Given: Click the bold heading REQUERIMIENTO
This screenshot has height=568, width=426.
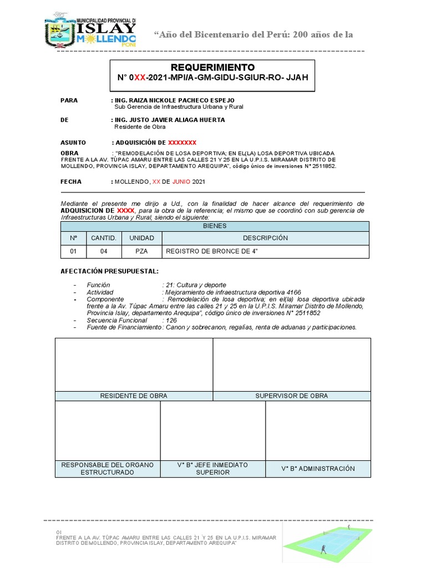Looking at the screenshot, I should (x=212, y=67).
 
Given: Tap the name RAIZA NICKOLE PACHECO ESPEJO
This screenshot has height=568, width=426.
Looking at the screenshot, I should (x=171, y=100).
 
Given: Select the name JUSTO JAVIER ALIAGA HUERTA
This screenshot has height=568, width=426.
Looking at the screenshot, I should (x=169, y=119).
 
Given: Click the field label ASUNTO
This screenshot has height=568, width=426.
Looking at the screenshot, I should (x=73, y=143).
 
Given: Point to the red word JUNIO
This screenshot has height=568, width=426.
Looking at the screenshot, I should (x=181, y=181).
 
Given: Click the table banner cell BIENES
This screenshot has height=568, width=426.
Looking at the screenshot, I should (x=214, y=226).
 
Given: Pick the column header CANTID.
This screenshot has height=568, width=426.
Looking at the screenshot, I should (x=104, y=238).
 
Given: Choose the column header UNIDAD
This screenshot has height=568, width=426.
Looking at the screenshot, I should (x=141, y=238).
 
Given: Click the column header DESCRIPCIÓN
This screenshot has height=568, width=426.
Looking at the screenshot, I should (x=265, y=238).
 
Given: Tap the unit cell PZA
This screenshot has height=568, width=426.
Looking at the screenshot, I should (x=141, y=252).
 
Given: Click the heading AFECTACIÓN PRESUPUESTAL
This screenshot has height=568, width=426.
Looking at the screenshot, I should (x=109, y=271).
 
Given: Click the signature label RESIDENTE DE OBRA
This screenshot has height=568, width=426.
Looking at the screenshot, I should (x=134, y=395).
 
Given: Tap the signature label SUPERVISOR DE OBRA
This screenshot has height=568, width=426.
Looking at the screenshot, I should (x=291, y=395).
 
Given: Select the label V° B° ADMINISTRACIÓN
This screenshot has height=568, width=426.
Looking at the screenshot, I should (x=318, y=469).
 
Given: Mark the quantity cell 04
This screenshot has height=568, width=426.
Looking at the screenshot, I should (x=104, y=252).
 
